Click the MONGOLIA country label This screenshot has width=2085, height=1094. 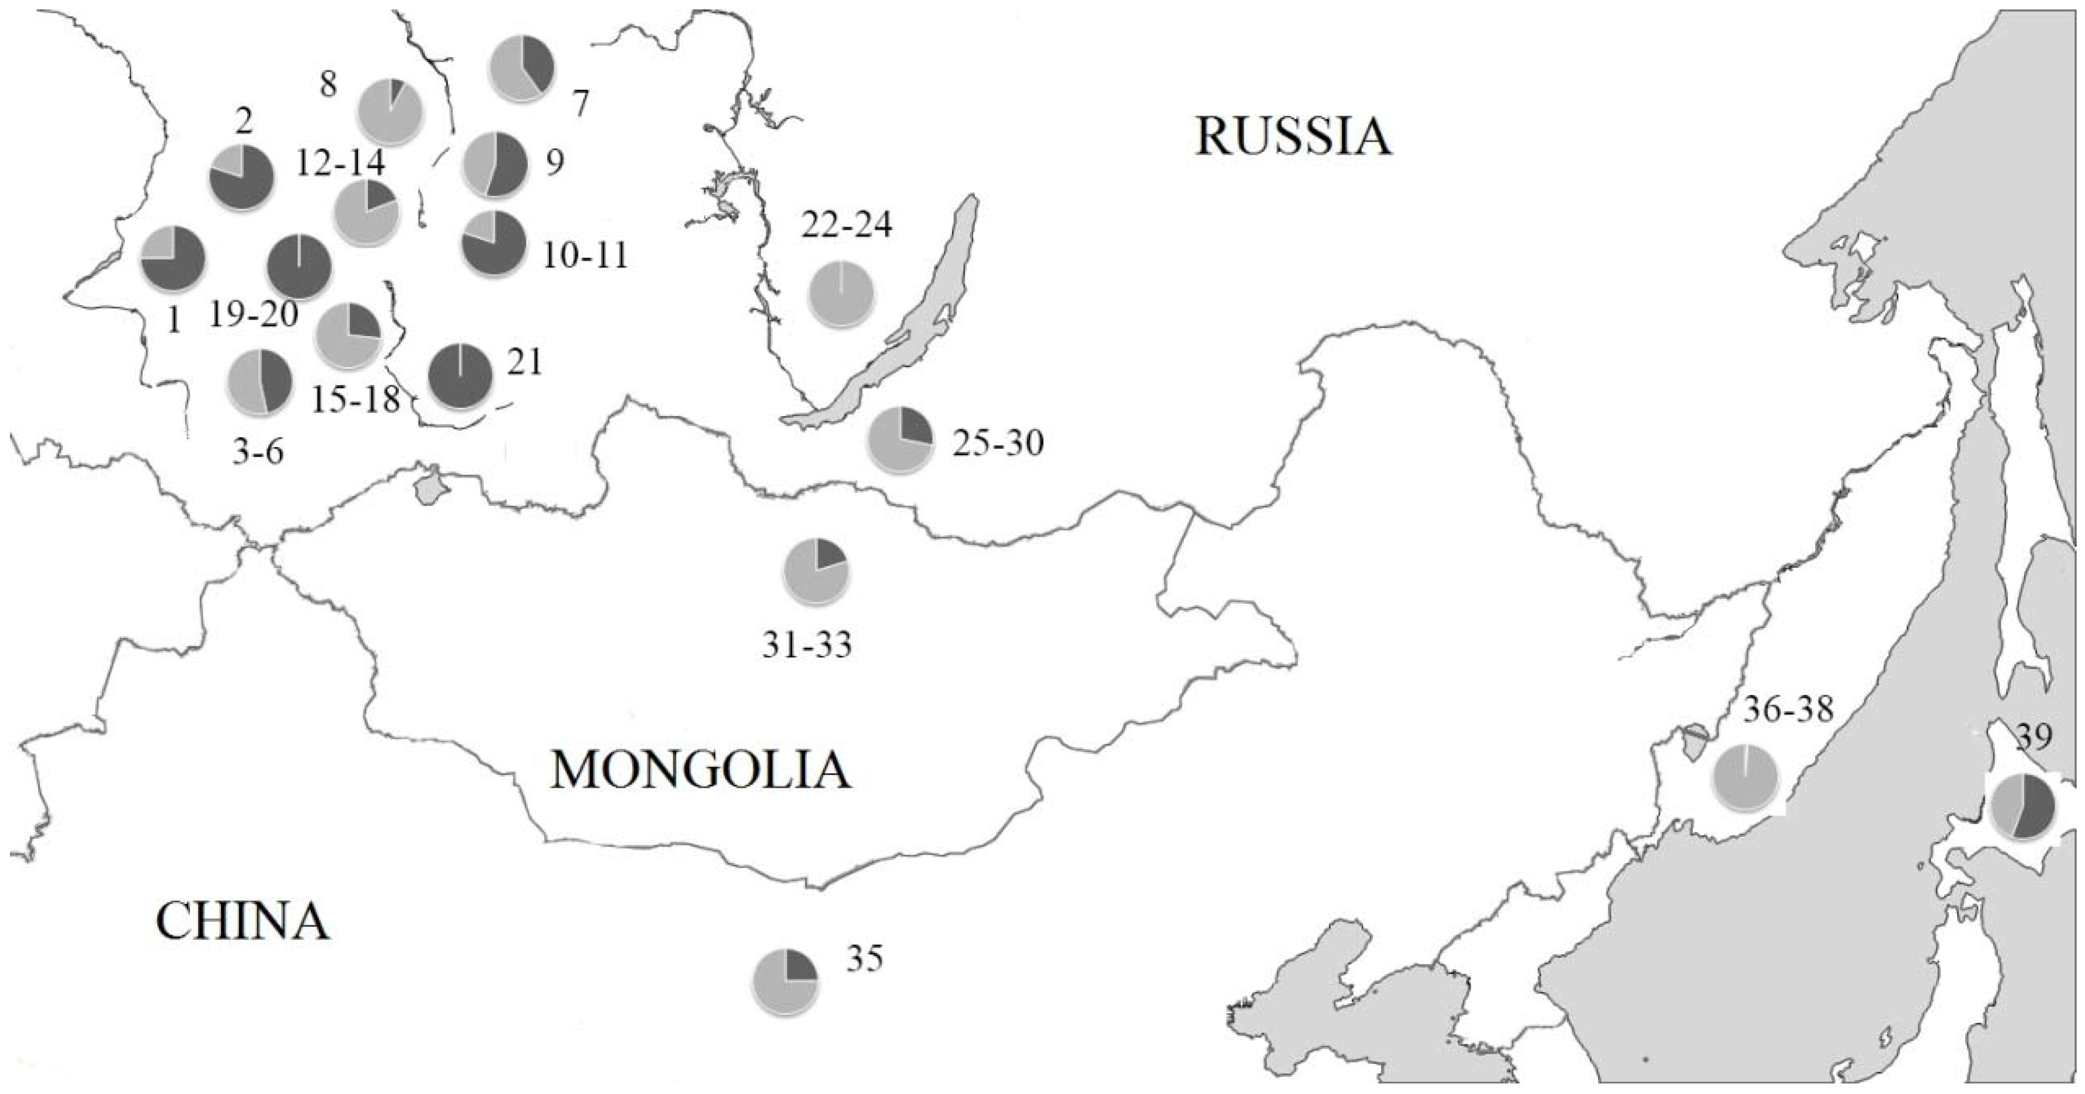[701, 769]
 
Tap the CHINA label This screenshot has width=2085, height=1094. [243, 921]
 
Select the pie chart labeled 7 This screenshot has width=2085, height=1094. [522, 68]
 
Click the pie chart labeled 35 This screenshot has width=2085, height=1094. [785, 980]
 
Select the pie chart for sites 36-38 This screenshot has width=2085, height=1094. [1746, 778]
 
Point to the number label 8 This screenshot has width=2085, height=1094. [328, 83]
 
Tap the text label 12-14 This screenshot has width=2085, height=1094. [340, 163]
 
